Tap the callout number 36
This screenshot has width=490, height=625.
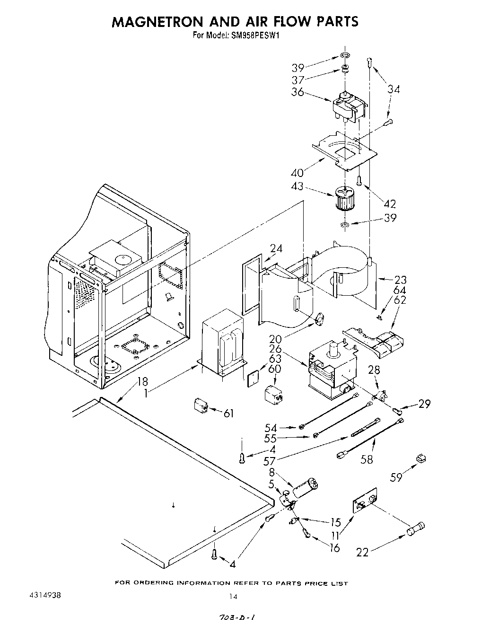297,92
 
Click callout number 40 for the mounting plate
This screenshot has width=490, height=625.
297,173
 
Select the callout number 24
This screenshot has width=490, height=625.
276,249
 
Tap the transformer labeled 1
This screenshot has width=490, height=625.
222,342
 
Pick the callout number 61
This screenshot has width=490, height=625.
229,414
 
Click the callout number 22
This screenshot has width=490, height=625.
362,552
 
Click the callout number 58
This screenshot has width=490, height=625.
367,458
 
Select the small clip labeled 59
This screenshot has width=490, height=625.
419,458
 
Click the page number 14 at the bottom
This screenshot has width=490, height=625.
233,597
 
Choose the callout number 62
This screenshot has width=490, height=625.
400,300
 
